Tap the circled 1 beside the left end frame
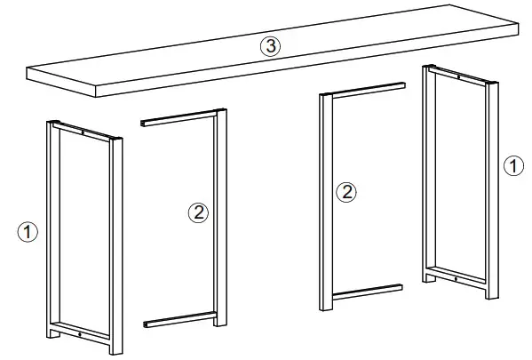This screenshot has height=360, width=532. pos(29,232)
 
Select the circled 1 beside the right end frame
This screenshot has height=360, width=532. pos(512,165)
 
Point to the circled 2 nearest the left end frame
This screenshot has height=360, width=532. pos(199,212)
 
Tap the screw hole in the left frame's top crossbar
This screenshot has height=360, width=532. pos(83,133)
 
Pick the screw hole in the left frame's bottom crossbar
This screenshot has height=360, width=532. pos(81,334)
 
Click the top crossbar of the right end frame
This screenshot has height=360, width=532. pos(459,78)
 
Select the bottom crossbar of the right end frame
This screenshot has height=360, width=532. pos(457,277)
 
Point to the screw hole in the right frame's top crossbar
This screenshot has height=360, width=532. pos(460,78)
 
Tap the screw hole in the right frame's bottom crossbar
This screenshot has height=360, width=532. pos(457,280)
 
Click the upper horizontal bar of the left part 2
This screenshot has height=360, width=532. pos(178,118)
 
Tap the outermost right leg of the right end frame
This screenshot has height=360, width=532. pos(491,191)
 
